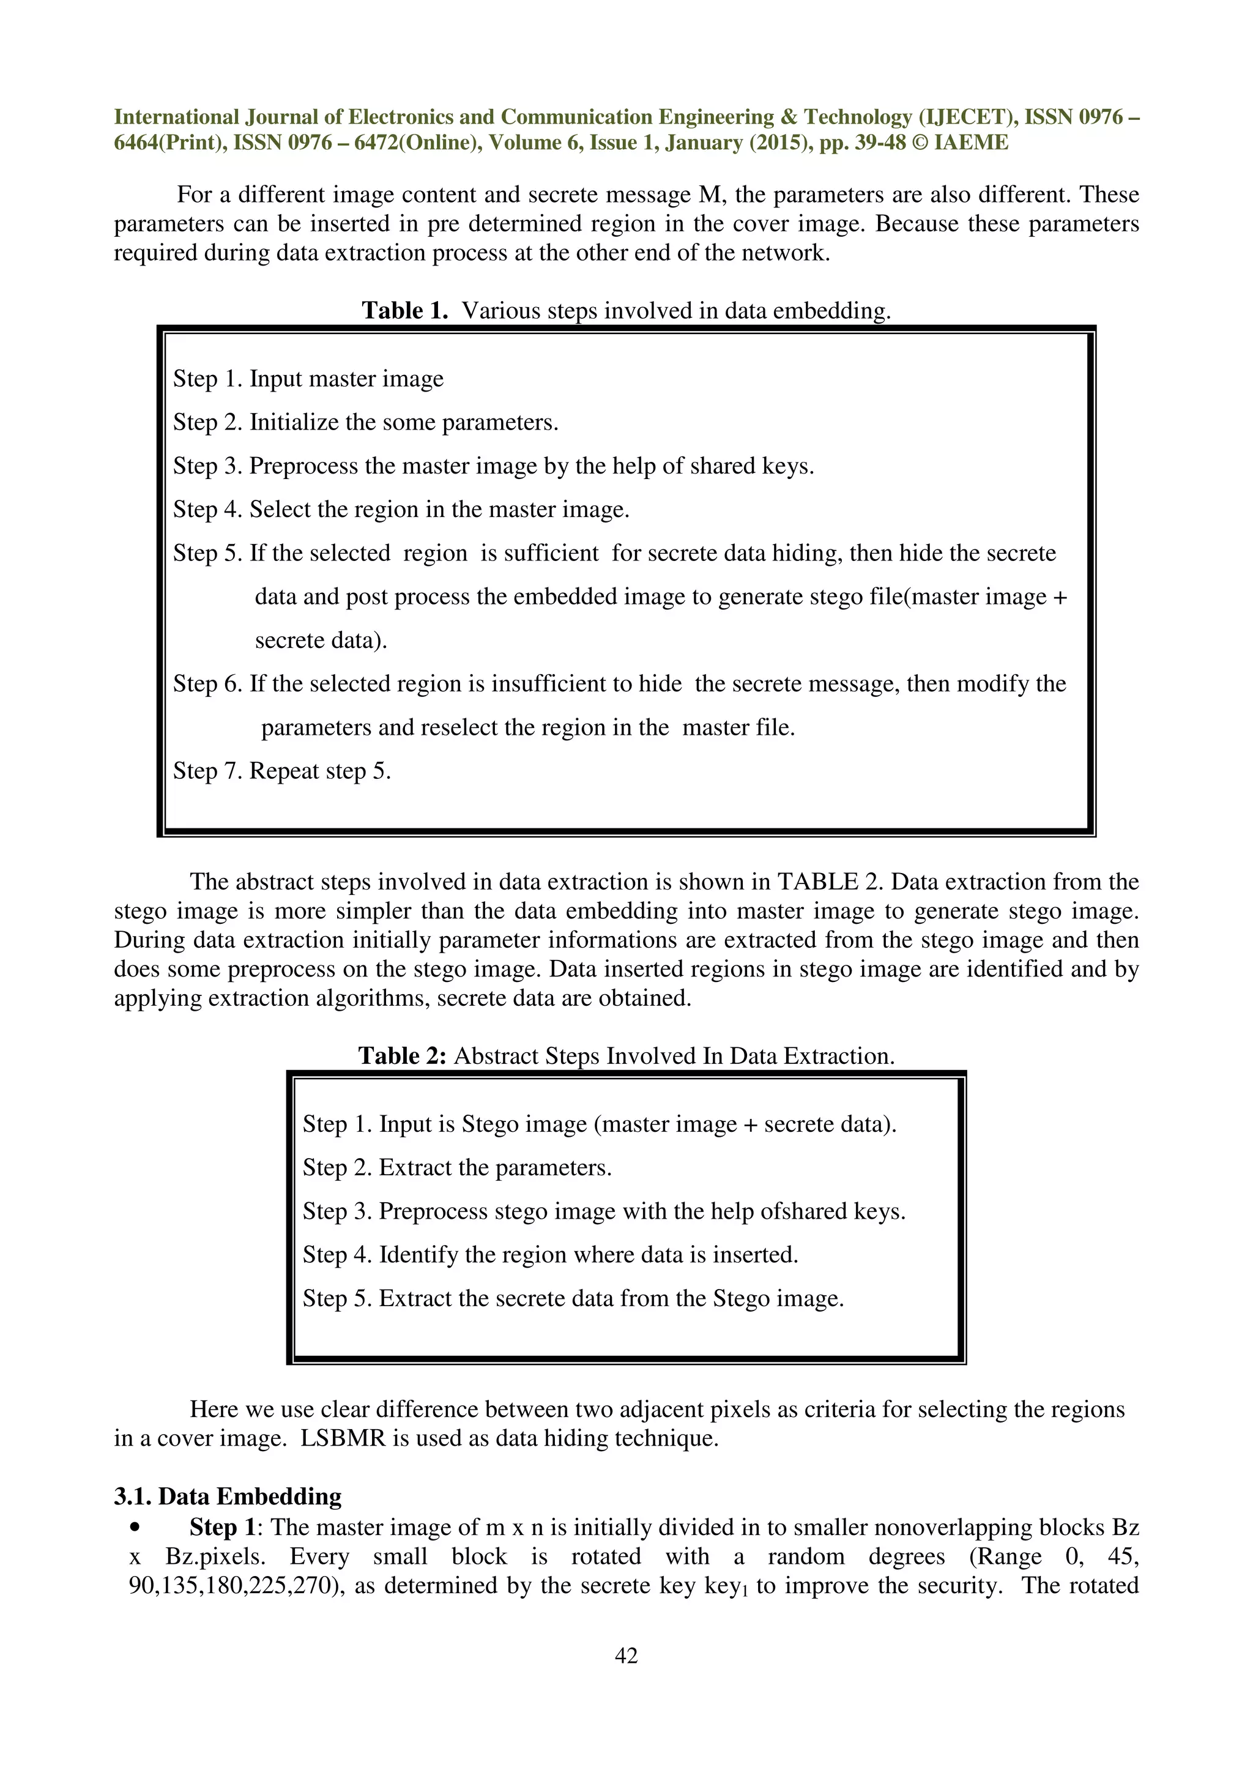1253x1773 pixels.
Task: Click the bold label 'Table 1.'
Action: click(404, 310)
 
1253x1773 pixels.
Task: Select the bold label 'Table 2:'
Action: click(401, 1055)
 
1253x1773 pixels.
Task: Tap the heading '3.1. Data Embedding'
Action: click(228, 1496)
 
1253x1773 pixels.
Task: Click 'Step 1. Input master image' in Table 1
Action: click(308, 378)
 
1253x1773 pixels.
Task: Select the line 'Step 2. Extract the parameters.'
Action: click(456, 1167)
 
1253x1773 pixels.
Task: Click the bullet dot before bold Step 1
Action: click(136, 1528)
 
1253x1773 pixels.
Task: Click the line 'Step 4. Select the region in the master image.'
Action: click(401, 509)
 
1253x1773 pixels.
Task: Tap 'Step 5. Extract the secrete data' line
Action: click(573, 1298)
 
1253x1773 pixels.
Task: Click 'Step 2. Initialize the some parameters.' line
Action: click(365, 422)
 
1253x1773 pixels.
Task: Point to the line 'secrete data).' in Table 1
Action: click(321, 640)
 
